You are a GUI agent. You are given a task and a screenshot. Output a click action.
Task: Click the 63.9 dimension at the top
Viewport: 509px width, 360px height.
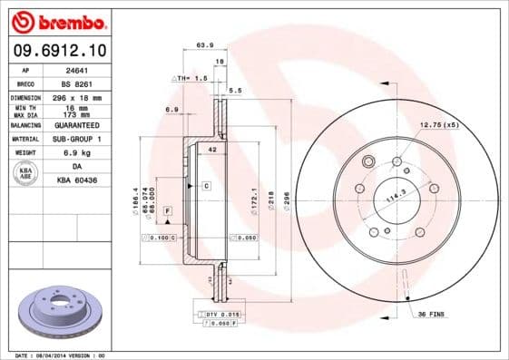pos(205,44)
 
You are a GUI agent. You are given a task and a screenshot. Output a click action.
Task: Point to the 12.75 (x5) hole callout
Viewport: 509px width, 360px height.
pos(439,124)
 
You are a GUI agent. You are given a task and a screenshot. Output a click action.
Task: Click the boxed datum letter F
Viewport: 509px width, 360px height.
pos(168,210)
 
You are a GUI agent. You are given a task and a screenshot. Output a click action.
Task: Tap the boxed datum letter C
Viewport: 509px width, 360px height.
pos(206,185)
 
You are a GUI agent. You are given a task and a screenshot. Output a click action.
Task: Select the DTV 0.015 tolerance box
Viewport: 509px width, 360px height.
pos(220,313)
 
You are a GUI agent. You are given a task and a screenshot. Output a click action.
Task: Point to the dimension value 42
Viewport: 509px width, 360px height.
pos(212,148)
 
